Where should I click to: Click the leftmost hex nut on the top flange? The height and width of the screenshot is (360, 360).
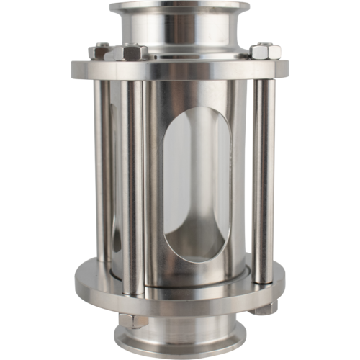click(x=102, y=53)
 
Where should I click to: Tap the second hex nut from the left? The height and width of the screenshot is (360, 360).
click(x=135, y=53)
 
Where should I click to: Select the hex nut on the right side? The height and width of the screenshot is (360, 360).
click(x=261, y=51)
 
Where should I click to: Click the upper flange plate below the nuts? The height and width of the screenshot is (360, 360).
click(x=180, y=70)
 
